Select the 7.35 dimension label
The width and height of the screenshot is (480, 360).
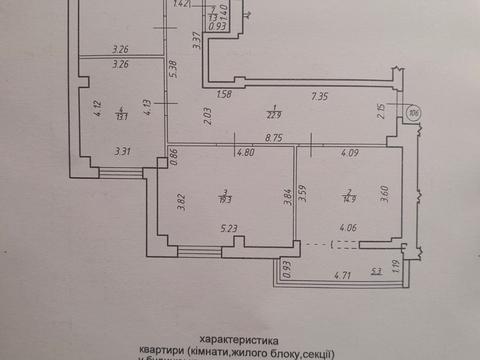pyautogui.click(x=320, y=95)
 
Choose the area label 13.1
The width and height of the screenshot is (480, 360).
pyautogui.click(x=119, y=113)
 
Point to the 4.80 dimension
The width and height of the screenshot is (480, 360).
pyautogui.click(x=244, y=153)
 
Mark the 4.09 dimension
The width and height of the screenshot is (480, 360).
pyautogui.click(x=349, y=153)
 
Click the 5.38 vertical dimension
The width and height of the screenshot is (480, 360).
pyautogui.click(x=174, y=68)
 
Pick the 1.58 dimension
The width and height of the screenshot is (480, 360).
pyautogui.click(x=224, y=95)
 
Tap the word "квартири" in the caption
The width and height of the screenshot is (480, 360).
pyautogui.click(x=166, y=353)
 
